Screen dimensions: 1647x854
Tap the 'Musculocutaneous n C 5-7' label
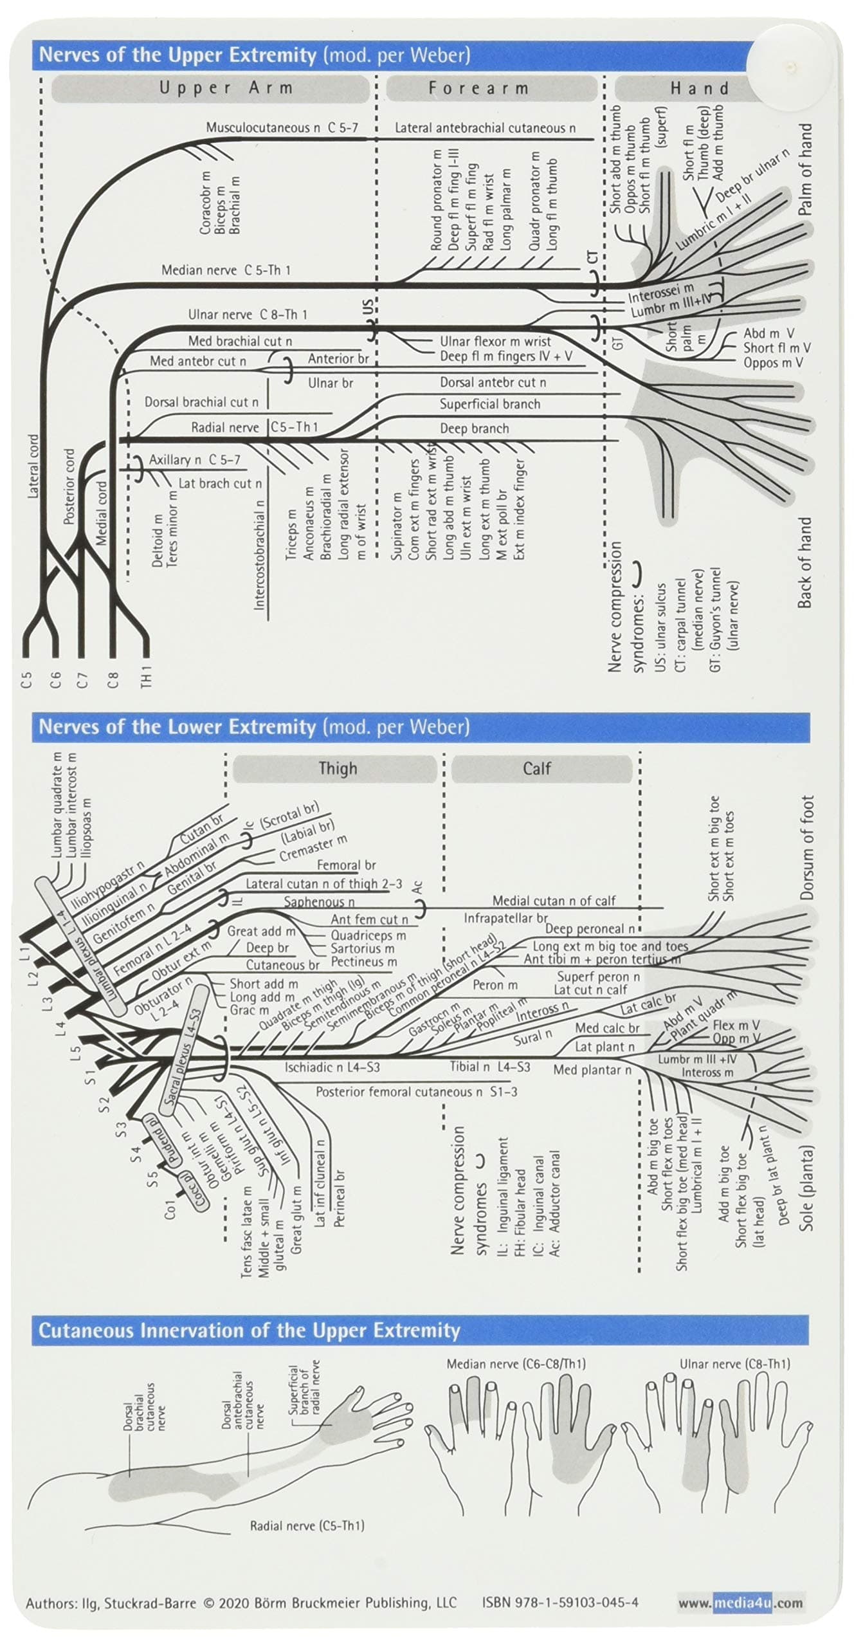click(x=282, y=127)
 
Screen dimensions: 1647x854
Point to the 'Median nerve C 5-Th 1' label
click(x=226, y=270)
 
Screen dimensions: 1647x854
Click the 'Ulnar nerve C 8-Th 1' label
click(x=248, y=315)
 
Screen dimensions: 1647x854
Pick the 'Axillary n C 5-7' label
click(x=194, y=459)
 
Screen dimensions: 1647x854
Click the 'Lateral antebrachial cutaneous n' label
click(x=485, y=128)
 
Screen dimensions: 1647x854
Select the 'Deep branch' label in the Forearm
click(x=474, y=428)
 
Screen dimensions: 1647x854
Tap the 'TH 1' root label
click(x=147, y=676)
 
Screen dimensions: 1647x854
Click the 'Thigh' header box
click(x=337, y=768)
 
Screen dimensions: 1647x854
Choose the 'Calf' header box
click(x=536, y=768)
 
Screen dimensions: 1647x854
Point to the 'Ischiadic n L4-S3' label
click(x=332, y=1067)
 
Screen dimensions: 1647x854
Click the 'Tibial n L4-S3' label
click(x=489, y=1067)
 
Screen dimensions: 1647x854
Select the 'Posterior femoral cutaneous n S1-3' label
click(x=416, y=1092)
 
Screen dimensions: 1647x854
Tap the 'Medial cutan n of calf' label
click(x=553, y=901)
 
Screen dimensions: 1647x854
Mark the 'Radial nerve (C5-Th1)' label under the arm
click(x=307, y=1525)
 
